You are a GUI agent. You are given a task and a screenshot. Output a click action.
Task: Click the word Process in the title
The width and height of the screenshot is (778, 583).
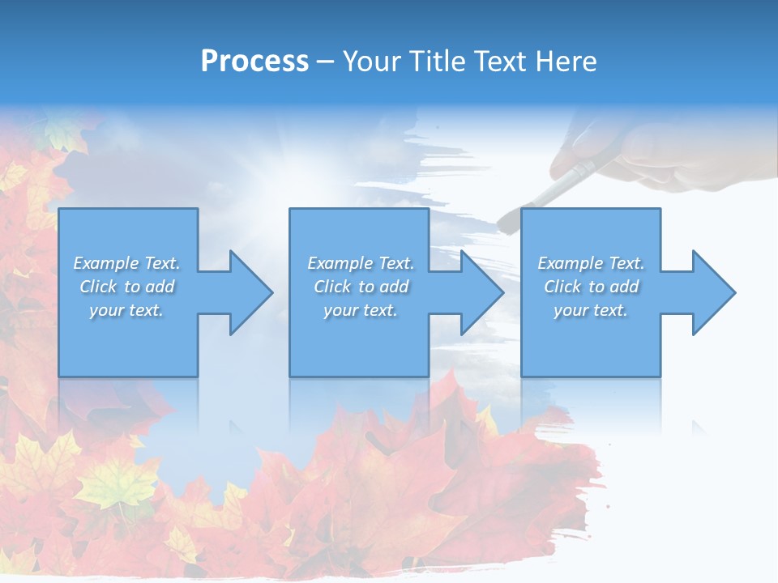(x=254, y=62)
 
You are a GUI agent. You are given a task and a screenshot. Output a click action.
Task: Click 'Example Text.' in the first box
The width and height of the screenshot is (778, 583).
(x=126, y=263)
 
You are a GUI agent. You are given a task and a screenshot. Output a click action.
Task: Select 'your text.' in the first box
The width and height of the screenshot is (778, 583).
(x=126, y=310)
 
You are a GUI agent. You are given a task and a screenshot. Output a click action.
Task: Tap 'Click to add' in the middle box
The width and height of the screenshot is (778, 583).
(x=361, y=287)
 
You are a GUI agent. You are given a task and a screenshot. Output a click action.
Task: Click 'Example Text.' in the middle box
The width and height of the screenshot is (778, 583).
(x=361, y=263)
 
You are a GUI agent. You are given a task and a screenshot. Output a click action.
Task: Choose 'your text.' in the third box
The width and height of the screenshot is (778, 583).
(x=590, y=310)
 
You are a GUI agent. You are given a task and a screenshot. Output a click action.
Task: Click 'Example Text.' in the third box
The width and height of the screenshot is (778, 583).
(x=591, y=263)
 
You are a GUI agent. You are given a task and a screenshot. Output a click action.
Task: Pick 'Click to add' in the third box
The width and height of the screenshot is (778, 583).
(x=591, y=287)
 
